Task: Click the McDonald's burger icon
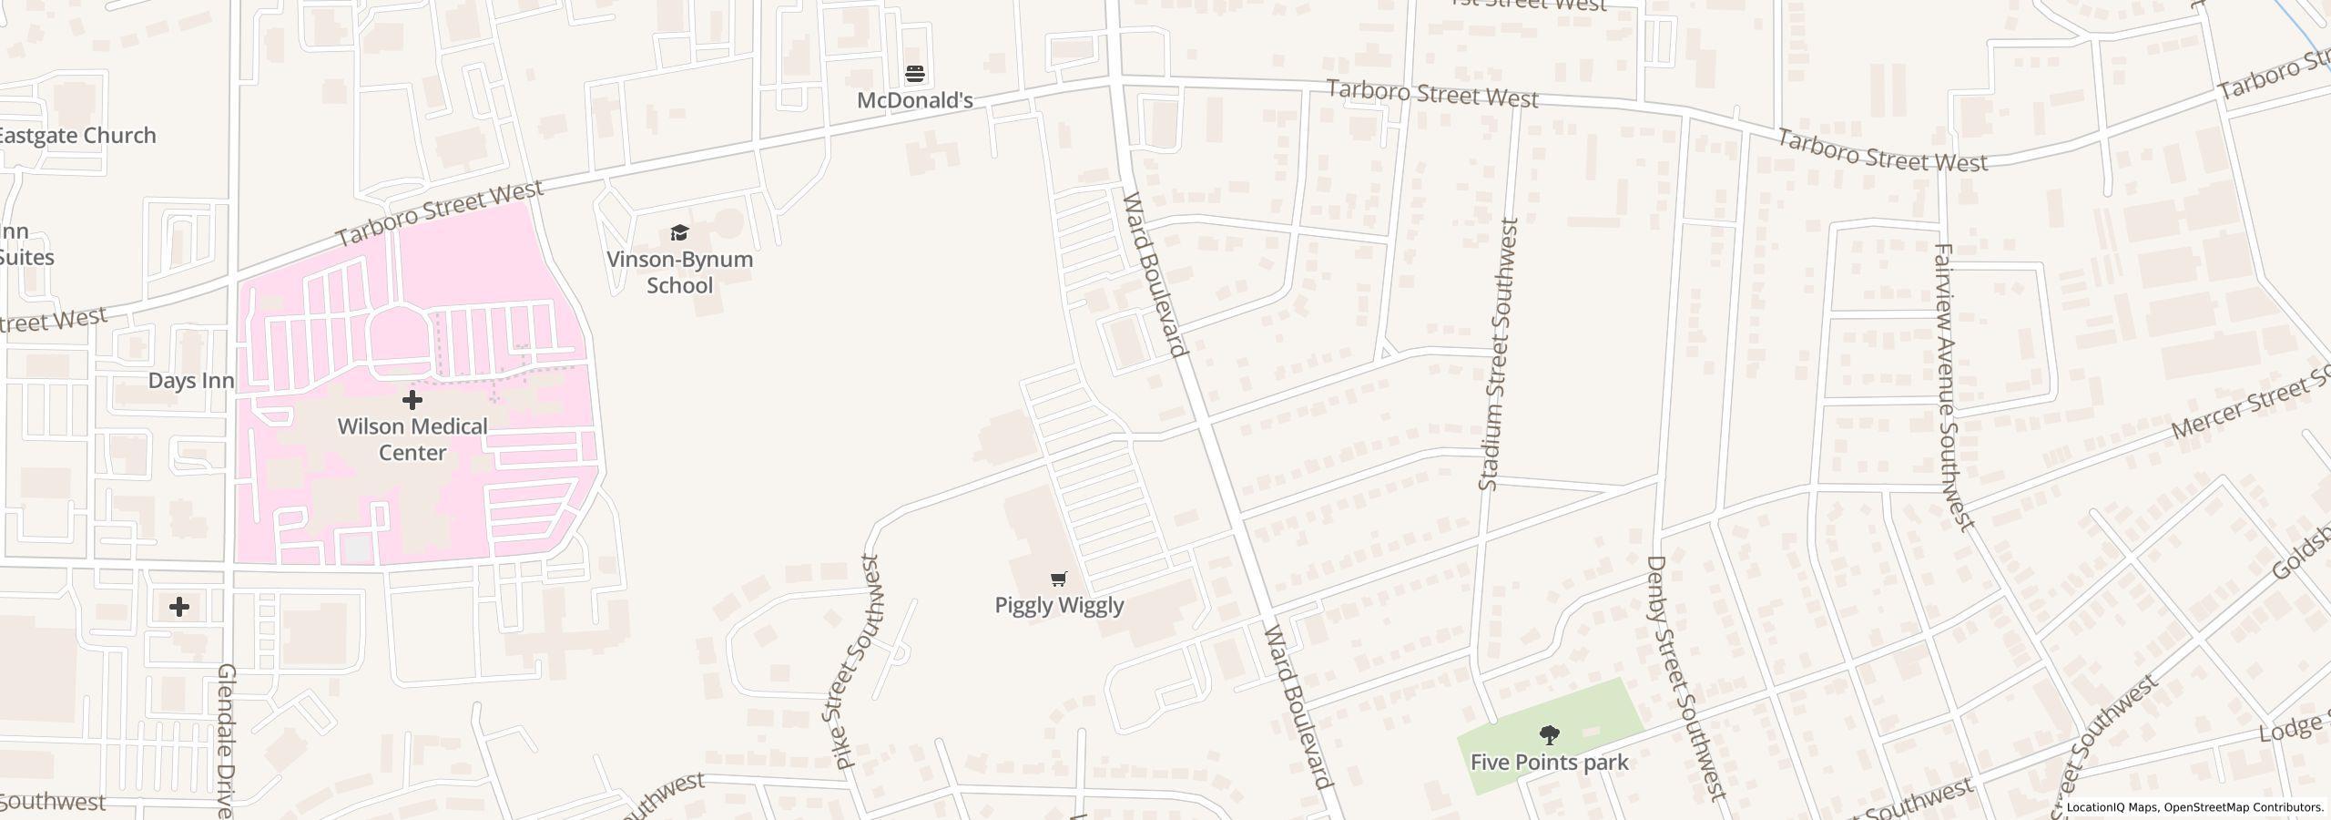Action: [x=915, y=73]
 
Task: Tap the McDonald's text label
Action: [x=915, y=100]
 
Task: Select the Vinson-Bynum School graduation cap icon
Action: [x=679, y=233]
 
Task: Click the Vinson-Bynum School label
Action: [x=679, y=272]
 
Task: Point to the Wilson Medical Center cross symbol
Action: [x=412, y=399]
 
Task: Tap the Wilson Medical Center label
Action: [x=412, y=439]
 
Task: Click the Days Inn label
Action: [x=191, y=381]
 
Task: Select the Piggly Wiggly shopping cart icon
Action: [x=1058, y=579]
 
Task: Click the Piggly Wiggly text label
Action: [x=1059, y=605]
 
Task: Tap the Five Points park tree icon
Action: [x=1549, y=734]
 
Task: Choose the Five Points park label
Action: [x=1549, y=762]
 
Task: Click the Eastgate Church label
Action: [x=76, y=135]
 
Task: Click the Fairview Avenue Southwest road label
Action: [x=1954, y=386]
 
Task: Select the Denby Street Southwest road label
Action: [x=1686, y=678]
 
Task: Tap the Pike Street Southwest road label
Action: [x=859, y=661]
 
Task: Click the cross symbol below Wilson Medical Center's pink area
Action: [x=179, y=607]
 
